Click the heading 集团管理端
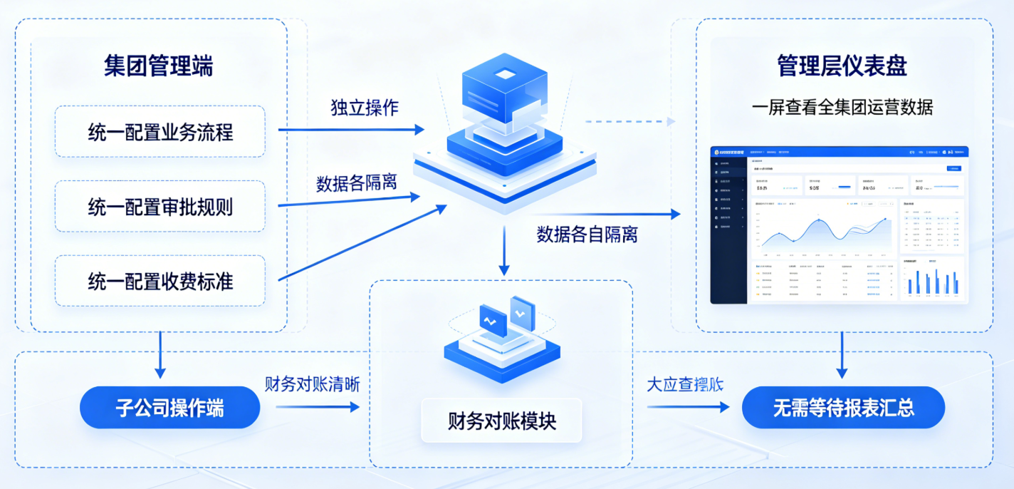(158, 66)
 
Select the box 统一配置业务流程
(160, 132)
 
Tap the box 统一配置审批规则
(160, 207)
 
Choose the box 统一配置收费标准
(160, 281)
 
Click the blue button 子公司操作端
(169, 408)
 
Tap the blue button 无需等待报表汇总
(843, 408)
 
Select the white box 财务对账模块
(501, 421)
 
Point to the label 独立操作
(364, 108)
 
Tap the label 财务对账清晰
(312, 384)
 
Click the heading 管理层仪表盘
(842, 66)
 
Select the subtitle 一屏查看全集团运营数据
(842, 108)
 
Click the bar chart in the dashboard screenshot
(933, 280)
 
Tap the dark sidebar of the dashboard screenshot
(728, 228)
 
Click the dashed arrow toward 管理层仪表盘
(629, 122)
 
